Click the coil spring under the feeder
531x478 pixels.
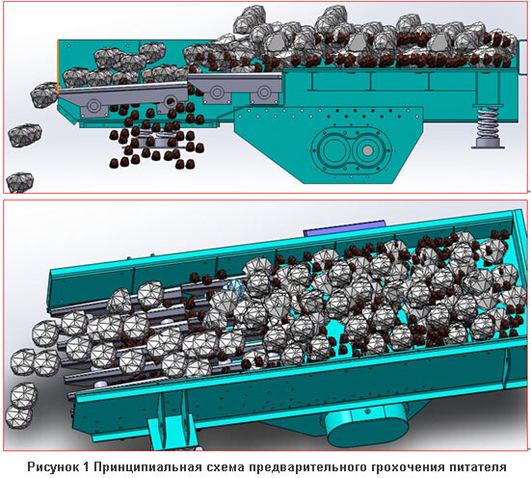click(x=488, y=122)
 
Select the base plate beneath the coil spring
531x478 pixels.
click(x=488, y=145)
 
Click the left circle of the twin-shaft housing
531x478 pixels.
click(x=333, y=149)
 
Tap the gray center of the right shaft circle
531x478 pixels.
click(x=367, y=149)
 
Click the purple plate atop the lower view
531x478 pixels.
click(x=345, y=228)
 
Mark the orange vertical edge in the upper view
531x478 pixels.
click(x=58, y=66)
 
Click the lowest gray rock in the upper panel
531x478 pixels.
click(x=19, y=182)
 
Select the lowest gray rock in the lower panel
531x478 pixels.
click(x=19, y=416)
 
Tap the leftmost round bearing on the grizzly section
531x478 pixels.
click(x=93, y=105)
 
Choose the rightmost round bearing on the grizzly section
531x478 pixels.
click(x=264, y=92)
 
